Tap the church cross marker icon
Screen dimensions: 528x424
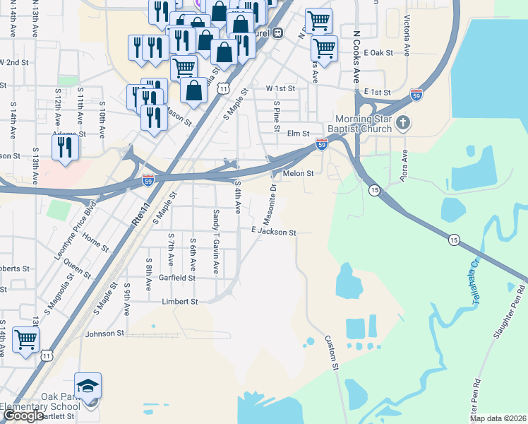point(402,124)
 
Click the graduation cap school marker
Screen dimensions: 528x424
point(88,387)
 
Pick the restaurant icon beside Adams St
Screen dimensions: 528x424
point(65,147)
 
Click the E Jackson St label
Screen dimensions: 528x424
point(272,231)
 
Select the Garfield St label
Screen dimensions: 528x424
point(176,278)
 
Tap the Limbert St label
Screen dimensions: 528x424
point(180,302)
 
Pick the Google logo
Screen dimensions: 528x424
point(23,416)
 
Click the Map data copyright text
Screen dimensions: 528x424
point(497,418)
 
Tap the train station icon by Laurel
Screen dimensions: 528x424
point(278,32)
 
